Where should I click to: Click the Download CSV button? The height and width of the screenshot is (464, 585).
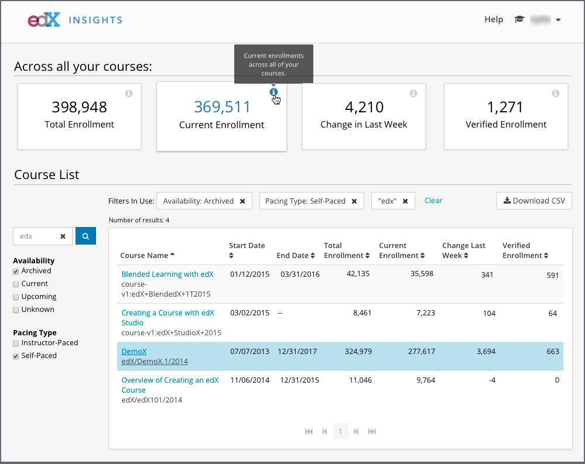coord(534,201)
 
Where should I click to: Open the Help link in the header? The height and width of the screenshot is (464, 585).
coord(493,19)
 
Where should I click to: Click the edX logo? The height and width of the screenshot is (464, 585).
coord(44,20)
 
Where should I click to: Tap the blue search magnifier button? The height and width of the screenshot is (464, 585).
coord(85,236)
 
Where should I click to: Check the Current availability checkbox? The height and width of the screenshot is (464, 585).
coord(16,284)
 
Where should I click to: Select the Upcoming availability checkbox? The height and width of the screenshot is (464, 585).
coord(16,297)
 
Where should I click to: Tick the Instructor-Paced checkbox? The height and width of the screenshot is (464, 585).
coord(16,343)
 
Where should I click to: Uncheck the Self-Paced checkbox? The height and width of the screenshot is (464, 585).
coord(16,356)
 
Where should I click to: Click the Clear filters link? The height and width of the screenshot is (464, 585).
coord(433,200)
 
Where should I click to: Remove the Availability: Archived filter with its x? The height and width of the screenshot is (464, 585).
coord(242,201)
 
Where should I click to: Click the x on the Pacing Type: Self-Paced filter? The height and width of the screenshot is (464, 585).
coord(354,201)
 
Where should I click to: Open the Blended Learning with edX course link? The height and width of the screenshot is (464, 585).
coord(167,274)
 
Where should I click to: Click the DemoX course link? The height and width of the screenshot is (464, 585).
coord(134,351)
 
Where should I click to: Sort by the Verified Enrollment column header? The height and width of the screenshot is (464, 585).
coord(525,250)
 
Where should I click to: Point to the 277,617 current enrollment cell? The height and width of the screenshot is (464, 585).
coord(417,351)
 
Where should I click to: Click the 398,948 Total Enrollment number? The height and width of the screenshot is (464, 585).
coord(79,107)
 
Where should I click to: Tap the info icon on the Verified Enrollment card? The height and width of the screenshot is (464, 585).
coord(555,94)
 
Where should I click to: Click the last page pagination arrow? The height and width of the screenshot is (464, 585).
coord(372,432)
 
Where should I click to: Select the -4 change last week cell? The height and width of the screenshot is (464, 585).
coord(491,380)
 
